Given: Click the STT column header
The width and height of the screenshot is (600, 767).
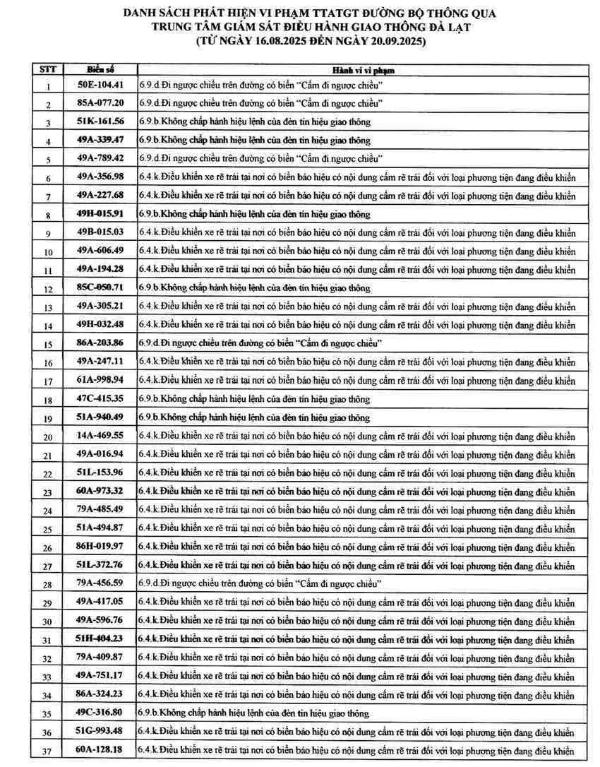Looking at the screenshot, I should pos(48,69).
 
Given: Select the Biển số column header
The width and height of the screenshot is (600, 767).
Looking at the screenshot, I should pos(100,69).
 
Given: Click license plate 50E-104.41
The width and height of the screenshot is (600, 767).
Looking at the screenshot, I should pos(100,85).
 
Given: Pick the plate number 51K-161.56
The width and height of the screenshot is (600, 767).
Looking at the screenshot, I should pos(100,121).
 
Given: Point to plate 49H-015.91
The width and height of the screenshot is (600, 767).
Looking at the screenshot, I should pos(100,213).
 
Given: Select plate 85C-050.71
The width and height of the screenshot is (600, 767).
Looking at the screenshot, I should pos(100,287).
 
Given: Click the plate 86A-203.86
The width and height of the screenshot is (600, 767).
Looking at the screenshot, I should pos(100,343).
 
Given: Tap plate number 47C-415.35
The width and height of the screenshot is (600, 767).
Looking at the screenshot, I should pos(100,398).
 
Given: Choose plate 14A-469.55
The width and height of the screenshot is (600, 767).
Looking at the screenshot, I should pos(100,435).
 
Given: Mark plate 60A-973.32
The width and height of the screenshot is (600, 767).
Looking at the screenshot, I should pos(100,491).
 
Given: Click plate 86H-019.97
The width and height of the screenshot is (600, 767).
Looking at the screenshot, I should pos(100,546).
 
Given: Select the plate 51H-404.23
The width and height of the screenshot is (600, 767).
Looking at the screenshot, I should pos(100,638).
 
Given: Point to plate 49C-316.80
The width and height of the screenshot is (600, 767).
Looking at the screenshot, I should pos(100,713).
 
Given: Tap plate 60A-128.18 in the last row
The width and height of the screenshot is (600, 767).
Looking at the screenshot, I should pos(100,749).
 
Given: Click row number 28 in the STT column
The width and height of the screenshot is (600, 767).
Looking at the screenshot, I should pos(48,584).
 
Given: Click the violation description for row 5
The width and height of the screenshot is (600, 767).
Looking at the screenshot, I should pos(260,158).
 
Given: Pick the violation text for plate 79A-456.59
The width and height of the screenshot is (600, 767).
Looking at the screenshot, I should pos(260,583).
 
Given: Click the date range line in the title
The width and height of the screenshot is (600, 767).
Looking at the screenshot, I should pos(311,42).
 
